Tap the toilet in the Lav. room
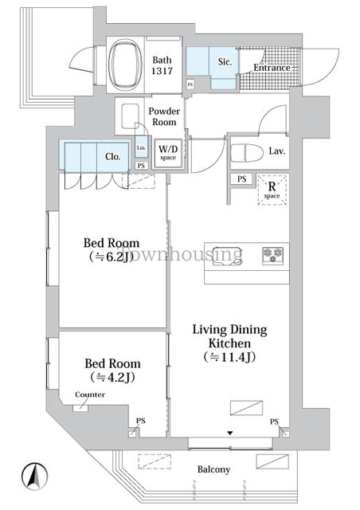click(247, 153)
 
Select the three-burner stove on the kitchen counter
click(272, 255)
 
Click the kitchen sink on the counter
click(227, 256)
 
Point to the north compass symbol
click(35, 476)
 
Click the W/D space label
click(168, 152)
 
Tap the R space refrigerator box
click(272, 190)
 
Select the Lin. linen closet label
click(141, 147)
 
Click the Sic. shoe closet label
click(224, 62)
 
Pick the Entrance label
click(272, 68)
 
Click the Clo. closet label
click(113, 156)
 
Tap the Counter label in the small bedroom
click(90, 394)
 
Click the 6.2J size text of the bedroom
click(112, 257)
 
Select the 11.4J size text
click(229, 357)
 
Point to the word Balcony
click(213, 469)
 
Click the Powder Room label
click(164, 116)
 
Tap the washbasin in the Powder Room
click(131, 116)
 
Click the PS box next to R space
click(241, 179)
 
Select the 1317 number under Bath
click(162, 71)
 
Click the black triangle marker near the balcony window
click(230, 433)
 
